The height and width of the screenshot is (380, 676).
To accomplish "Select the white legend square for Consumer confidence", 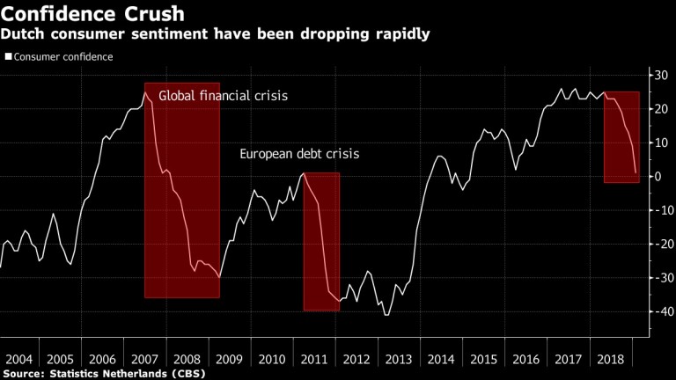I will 8,56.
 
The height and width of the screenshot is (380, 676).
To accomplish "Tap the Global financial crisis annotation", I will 223,96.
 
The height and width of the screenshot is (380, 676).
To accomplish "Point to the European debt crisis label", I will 299,155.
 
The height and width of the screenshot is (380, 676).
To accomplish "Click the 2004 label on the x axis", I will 18,361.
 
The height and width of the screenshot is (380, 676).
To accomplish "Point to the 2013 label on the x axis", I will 399,361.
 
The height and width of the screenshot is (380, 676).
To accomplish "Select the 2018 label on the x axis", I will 608,361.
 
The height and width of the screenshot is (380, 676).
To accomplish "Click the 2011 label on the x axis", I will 315,361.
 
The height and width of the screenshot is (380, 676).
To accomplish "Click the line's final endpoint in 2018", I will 636,173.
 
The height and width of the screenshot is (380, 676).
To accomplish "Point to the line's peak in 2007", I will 145,92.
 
